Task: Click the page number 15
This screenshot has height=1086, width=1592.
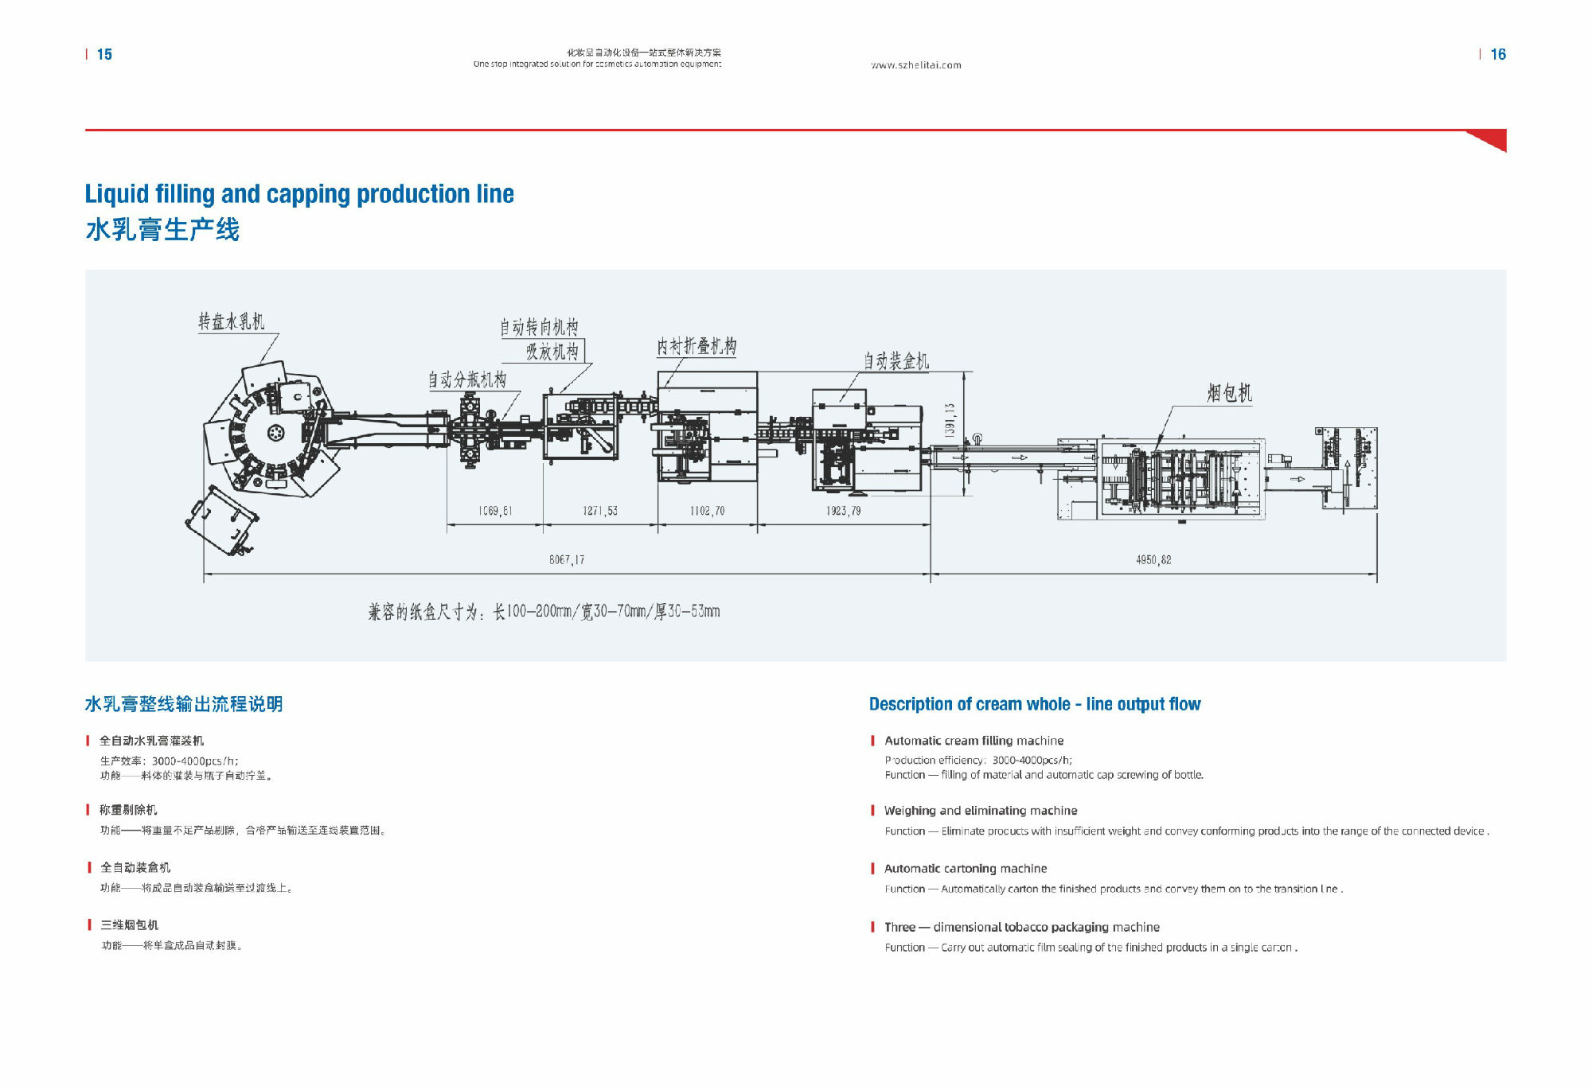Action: pos(104,54)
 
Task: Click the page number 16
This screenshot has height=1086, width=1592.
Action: pos(1498,54)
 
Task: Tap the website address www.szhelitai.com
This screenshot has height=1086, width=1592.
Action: pos(916,65)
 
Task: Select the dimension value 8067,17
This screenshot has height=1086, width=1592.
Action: pos(567,560)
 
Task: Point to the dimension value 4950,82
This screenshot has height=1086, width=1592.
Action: pos(1153,560)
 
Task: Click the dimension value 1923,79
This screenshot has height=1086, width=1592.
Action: pos(843,511)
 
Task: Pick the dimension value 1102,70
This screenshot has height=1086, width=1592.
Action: pos(707,511)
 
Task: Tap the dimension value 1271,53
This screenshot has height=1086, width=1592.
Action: pos(599,511)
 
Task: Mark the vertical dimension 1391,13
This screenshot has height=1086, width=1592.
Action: pos(950,419)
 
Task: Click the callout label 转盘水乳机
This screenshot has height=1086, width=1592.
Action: pos(232,321)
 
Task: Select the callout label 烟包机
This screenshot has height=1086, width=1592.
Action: pos(1229,393)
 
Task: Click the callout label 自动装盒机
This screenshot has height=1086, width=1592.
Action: pos(896,361)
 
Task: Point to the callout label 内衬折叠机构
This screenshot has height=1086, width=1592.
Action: pos(696,347)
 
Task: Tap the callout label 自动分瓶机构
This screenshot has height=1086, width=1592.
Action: pos(467,380)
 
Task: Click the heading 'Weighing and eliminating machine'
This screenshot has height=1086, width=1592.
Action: pos(981,811)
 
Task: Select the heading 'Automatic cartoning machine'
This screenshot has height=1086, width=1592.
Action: pos(966,869)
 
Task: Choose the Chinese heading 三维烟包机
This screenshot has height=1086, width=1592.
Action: pos(129,925)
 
